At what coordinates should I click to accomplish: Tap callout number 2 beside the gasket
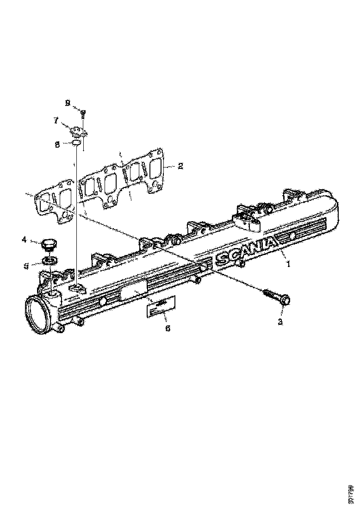pos(180,166)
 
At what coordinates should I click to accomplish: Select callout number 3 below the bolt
pos(280,322)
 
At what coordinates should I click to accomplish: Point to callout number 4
pos(24,240)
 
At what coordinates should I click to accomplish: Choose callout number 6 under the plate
pos(168,328)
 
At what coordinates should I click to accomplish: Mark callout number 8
pos(57,144)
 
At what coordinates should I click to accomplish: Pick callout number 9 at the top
pos(68,103)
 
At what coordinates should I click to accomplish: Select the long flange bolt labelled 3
pos(277,297)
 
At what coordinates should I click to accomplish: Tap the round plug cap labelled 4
pos(49,243)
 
